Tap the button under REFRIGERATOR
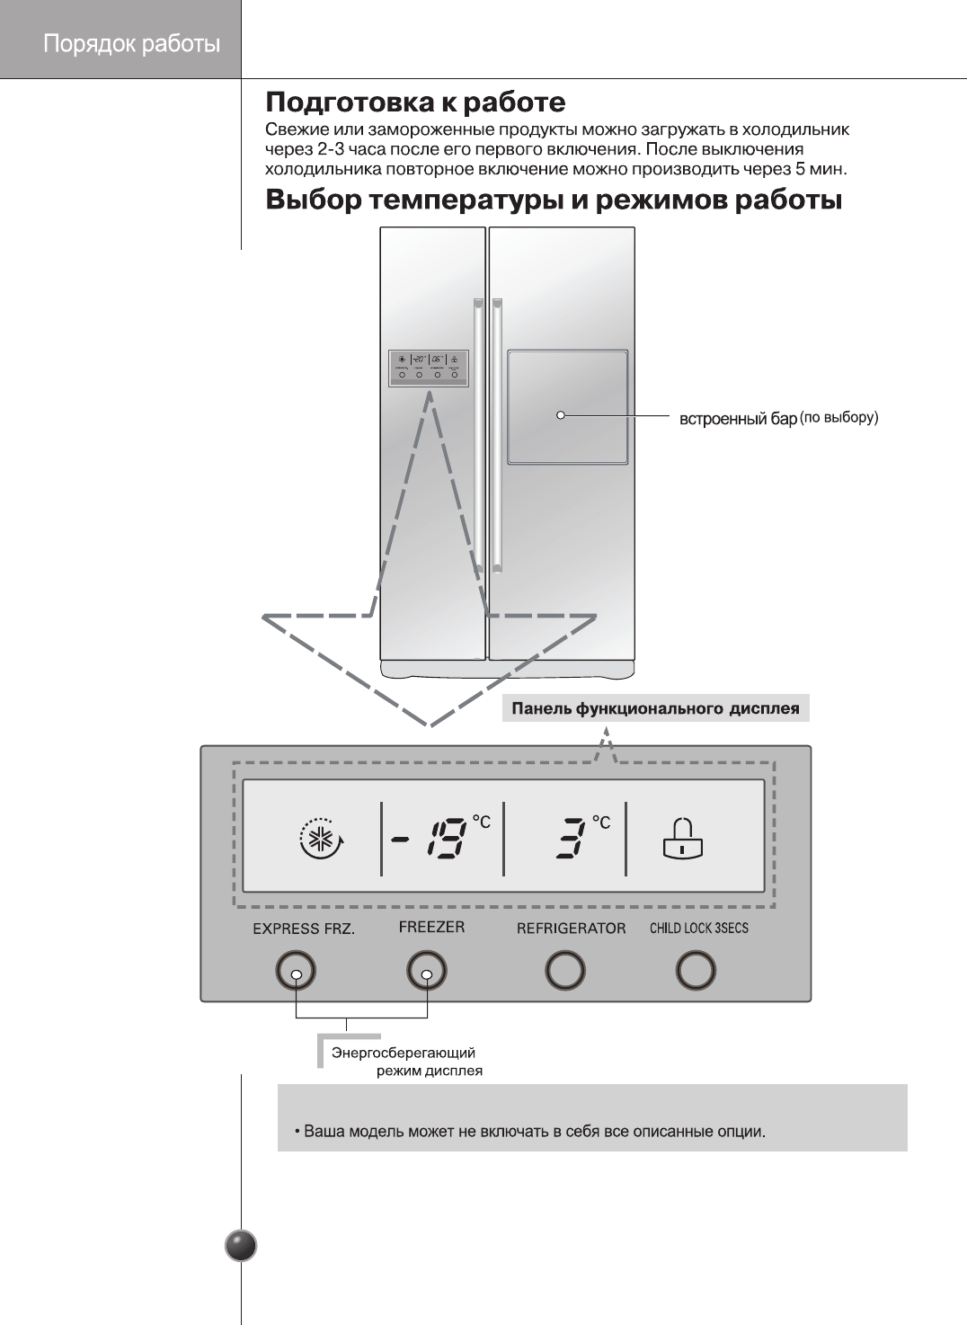564,971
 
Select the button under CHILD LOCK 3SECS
695,971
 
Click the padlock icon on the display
683,838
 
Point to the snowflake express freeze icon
321,839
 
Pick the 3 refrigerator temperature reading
571,838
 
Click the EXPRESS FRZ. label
304,929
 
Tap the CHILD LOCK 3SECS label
698,929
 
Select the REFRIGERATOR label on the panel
571,929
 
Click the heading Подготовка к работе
415,102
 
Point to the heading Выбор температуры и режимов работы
554,200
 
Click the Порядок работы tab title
131,44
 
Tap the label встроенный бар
738,419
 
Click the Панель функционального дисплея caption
655,708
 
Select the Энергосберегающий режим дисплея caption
404,1062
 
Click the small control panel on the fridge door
429,368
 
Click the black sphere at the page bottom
241,1246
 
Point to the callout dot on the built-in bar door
561,415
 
